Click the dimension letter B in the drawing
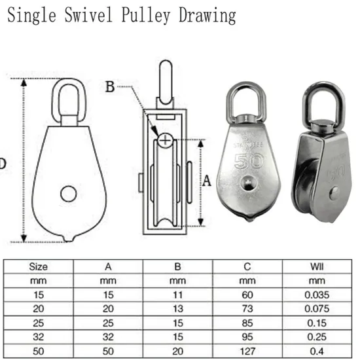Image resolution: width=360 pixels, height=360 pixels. coord(111,86)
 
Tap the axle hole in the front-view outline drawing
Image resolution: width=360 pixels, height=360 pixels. coord(67,193)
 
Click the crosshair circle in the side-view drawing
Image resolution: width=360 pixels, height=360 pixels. coord(165,139)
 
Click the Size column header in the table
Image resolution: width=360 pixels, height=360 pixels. coord(39,266)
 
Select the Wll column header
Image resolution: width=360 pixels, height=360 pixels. coord(315,266)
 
